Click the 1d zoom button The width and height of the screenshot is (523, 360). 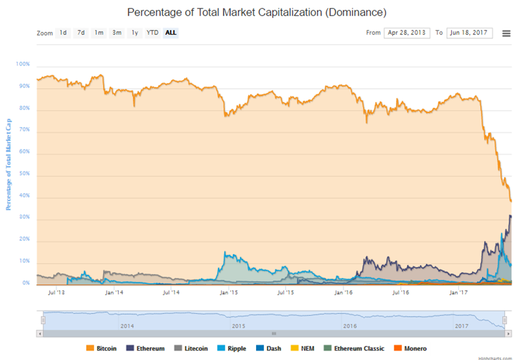pos(63,32)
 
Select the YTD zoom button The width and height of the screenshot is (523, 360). pos(152,32)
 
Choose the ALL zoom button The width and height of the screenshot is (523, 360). pos(170,32)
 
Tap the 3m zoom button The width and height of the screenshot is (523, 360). pos(117,32)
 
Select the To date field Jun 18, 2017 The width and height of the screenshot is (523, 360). pos(469,32)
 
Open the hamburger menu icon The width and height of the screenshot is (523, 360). pos(506,33)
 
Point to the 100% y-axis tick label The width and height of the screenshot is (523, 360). pos(23,65)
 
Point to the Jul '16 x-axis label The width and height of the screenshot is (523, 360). pos(401,293)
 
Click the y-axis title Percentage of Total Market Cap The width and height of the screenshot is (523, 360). pos(8,164)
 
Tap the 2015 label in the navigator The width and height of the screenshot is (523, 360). pos(238,326)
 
